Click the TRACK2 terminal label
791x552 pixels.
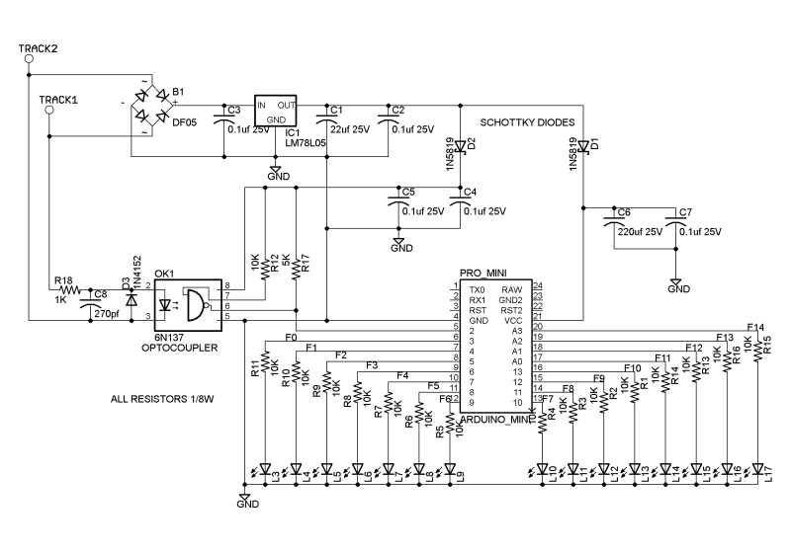[38, 48]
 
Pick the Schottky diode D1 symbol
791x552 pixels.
[584, 147]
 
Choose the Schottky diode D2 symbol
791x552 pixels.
[458, 147]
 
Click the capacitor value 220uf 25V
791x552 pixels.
[639, 232]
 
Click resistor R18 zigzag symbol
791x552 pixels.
[68, 291]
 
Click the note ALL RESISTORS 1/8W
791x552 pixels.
[164, 401]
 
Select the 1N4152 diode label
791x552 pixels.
[127, 269]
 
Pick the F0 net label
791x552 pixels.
[291, 338]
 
